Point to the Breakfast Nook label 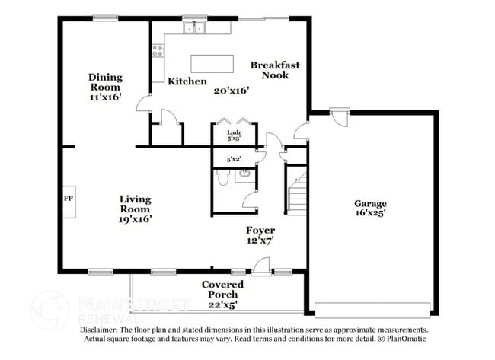pos(275,70)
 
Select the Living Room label pos(134,204)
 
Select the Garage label pos(370,203)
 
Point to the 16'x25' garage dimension pos(370,214)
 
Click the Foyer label pos(260,230)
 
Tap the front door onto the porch pos(261,266)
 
